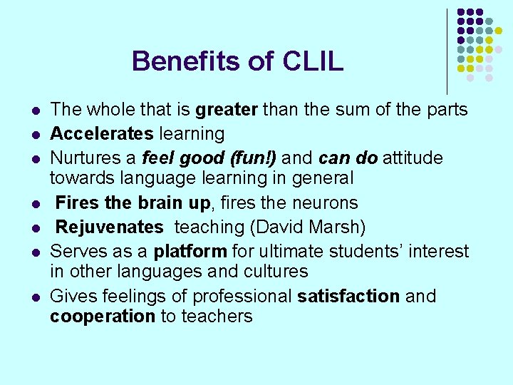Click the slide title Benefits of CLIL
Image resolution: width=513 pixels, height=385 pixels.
coord(237,61)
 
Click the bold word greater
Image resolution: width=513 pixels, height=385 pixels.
coord(226,110)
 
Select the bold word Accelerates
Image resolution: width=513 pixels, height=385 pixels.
coord(102,133)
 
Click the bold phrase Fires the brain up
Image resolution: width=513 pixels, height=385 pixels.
coord(133,203)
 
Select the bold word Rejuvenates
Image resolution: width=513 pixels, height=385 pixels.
coord(109,227)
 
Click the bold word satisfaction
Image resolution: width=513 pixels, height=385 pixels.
coord(348,296)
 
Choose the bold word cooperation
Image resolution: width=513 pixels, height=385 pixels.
coord(103,317)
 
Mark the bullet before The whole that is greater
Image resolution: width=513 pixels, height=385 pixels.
coord(34,111)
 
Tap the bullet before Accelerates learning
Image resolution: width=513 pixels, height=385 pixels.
coord(34,135)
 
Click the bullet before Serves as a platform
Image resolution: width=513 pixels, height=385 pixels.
coord(34,253)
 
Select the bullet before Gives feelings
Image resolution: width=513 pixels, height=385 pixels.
coord(34,297)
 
